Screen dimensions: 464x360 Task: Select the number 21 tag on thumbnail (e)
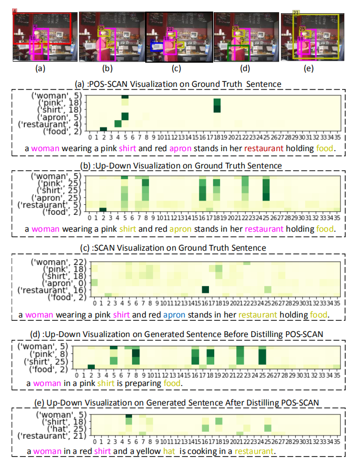(296, 12)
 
